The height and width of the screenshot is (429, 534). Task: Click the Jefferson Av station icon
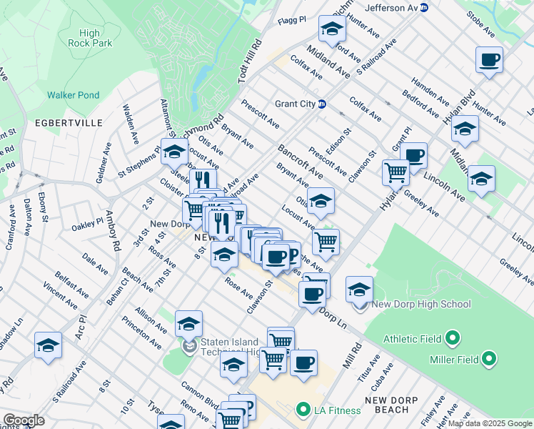coord(424,8)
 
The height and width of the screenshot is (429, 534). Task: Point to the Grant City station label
coord(295,104)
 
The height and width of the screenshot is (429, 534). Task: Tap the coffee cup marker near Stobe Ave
coord(489,60)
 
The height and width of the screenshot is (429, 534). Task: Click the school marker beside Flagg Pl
coord(332,29)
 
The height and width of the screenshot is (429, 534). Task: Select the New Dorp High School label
coord(421,304)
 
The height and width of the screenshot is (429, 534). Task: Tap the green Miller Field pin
coord(489,357)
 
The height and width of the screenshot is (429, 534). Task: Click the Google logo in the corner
coord(24,420)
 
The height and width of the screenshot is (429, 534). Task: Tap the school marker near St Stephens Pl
coord(173,152)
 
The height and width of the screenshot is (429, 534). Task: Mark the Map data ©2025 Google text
coord(490,423)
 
